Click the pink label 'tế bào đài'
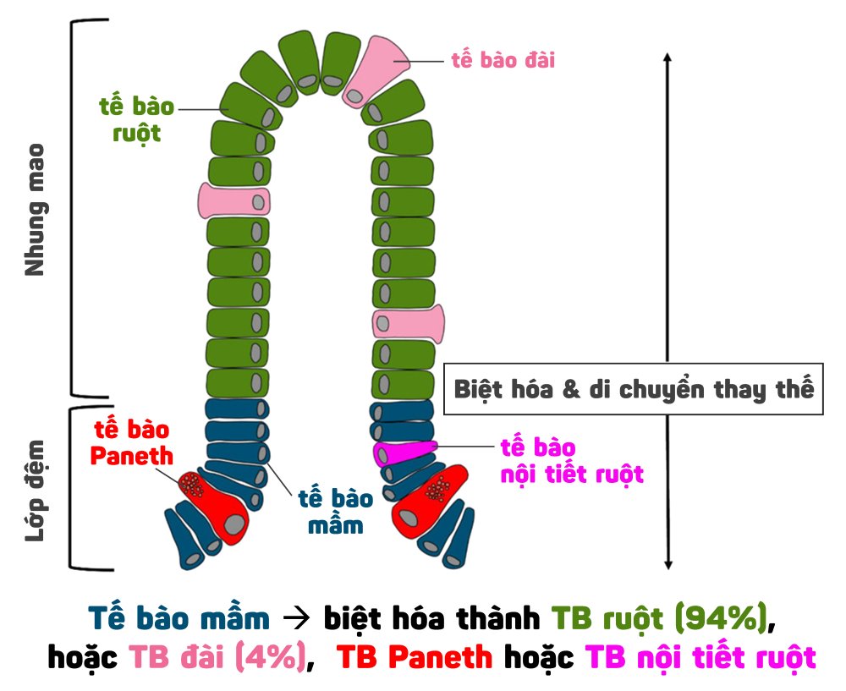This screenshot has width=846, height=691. pyautogui.click(x=503, y=61)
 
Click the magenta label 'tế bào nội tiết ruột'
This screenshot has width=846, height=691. pyautogui.click(x=571, y=460)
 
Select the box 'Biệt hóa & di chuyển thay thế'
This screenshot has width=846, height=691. pyautogui.click(x=634, y=390)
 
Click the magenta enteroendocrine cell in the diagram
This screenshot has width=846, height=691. pyautogui.click(x=404, y=451)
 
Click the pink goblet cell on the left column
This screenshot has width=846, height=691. pyautogui.click(x=233, y=200)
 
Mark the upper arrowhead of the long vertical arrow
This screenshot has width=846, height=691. pyautogui.click(x=667, y=58)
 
